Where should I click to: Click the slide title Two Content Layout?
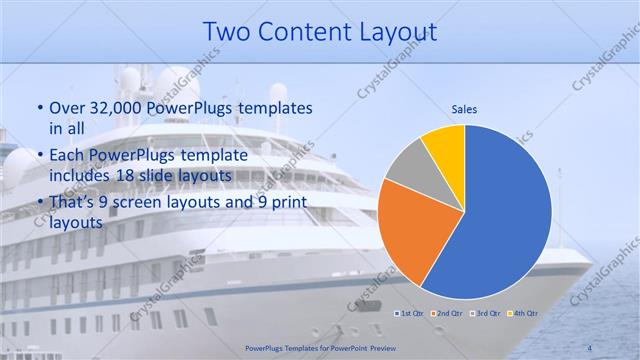coord(319,32)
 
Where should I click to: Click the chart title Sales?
coord(464,109)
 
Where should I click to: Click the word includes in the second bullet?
coord(82,175)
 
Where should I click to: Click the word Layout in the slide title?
coord(394,32)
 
